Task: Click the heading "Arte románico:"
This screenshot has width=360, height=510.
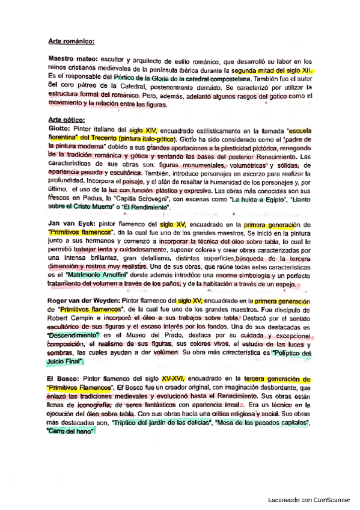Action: pyautogui.click(x=72, y=41)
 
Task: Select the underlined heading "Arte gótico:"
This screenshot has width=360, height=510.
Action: pyautogui.click(x=67, y=120)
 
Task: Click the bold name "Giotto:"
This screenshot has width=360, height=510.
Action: pyautogui.click(x=60, y=129)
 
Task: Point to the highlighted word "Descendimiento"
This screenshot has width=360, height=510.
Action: pyautogui.click(x=73, y=334)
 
